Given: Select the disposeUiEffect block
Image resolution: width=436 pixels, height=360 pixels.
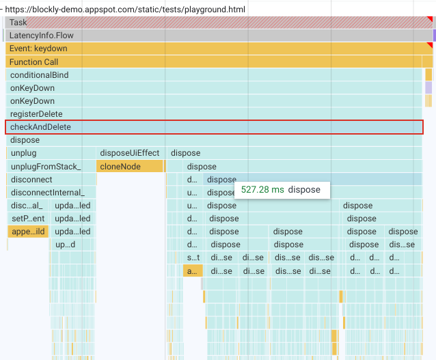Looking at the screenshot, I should click(x=130, y=153).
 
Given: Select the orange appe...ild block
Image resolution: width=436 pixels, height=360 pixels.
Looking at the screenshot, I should click(x=27, y=232).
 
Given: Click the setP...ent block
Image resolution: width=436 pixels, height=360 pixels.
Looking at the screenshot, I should click(x=27, y=219).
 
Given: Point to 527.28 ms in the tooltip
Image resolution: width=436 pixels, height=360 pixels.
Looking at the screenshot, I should click(x=262, y=190).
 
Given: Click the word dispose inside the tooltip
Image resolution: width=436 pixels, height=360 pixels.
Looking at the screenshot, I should click(x=304, y=190).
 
